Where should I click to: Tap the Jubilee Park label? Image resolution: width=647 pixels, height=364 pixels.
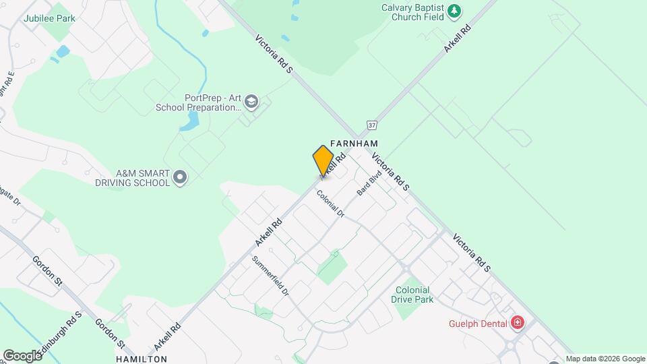coord(49,18)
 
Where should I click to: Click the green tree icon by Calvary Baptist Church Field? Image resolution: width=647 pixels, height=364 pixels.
coord(455,10)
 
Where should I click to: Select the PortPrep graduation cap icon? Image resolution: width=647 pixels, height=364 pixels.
coord(251,102)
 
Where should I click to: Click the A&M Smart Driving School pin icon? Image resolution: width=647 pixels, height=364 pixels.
coord(180,177)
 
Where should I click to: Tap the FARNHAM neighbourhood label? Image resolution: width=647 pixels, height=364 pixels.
coord(354,144)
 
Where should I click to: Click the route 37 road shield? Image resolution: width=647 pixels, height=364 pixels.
coord(371,125)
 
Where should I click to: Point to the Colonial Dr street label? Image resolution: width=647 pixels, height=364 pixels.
coord(331,203)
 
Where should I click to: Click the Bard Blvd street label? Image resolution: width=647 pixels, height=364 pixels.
coord(369,183)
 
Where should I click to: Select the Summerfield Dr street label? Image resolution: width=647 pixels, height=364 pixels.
coord(270,277)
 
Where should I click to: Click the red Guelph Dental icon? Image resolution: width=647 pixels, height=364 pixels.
coord(517,323)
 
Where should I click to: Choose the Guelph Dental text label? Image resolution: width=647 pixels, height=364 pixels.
coord(478,324)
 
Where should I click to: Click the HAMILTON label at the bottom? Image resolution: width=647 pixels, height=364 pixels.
coord(142,359)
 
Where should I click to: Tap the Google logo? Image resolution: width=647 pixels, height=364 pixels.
coord(22,355)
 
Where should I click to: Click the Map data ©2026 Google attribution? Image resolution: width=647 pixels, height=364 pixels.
coord(605,359)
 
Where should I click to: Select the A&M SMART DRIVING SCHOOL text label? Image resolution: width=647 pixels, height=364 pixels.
coord(133,178)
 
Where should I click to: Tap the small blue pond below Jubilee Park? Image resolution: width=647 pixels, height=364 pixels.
coord(63,51)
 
